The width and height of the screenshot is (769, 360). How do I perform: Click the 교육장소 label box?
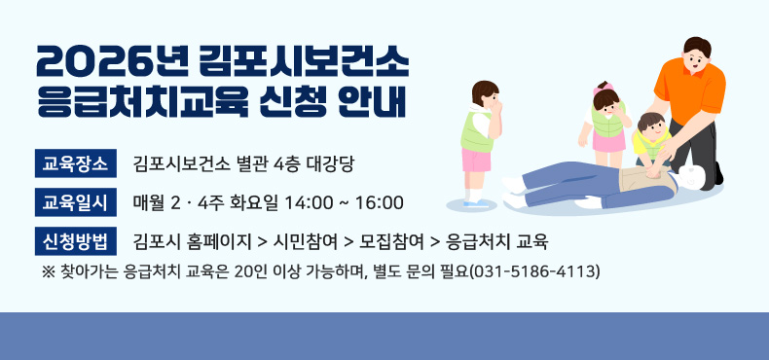76,161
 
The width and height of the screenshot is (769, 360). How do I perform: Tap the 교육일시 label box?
76,202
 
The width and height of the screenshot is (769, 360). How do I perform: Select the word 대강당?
341,162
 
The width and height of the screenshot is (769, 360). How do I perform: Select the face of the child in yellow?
650,127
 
